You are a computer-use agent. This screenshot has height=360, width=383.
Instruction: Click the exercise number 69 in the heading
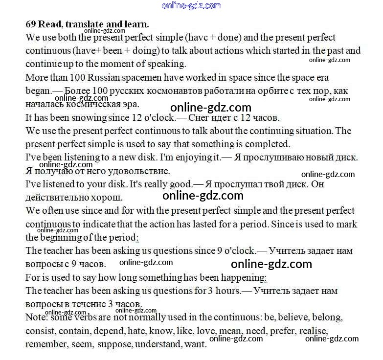30,24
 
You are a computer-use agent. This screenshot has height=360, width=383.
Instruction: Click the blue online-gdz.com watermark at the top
191,5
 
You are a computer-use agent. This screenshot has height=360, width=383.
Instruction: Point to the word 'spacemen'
139,77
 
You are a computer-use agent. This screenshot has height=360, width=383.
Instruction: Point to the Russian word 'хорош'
108,198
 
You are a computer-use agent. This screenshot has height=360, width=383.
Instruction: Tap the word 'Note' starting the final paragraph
35,317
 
